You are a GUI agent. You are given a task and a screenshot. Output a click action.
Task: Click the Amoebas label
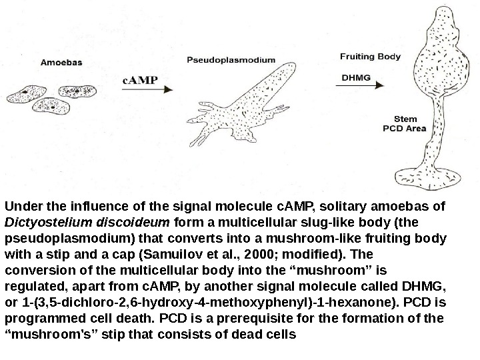(x=62, y=63)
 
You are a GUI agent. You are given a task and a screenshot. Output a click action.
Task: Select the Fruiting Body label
(x=371, y=57)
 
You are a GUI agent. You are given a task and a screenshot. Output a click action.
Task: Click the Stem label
(x=394, y=119)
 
